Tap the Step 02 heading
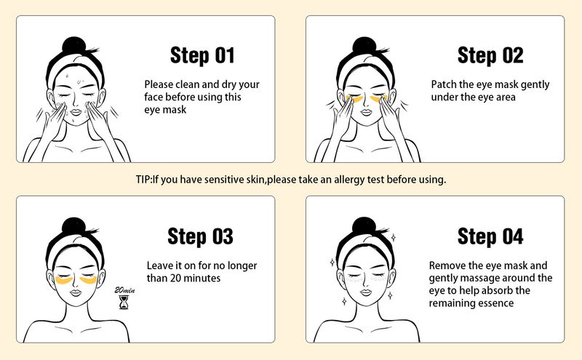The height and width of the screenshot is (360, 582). [490, 55]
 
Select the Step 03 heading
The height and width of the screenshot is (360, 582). [200, 236]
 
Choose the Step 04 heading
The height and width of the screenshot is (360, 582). [490, 236]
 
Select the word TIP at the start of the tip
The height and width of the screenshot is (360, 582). [144, 179]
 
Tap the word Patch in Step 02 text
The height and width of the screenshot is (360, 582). [445, 84]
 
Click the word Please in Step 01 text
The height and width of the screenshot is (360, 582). [160, 84]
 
